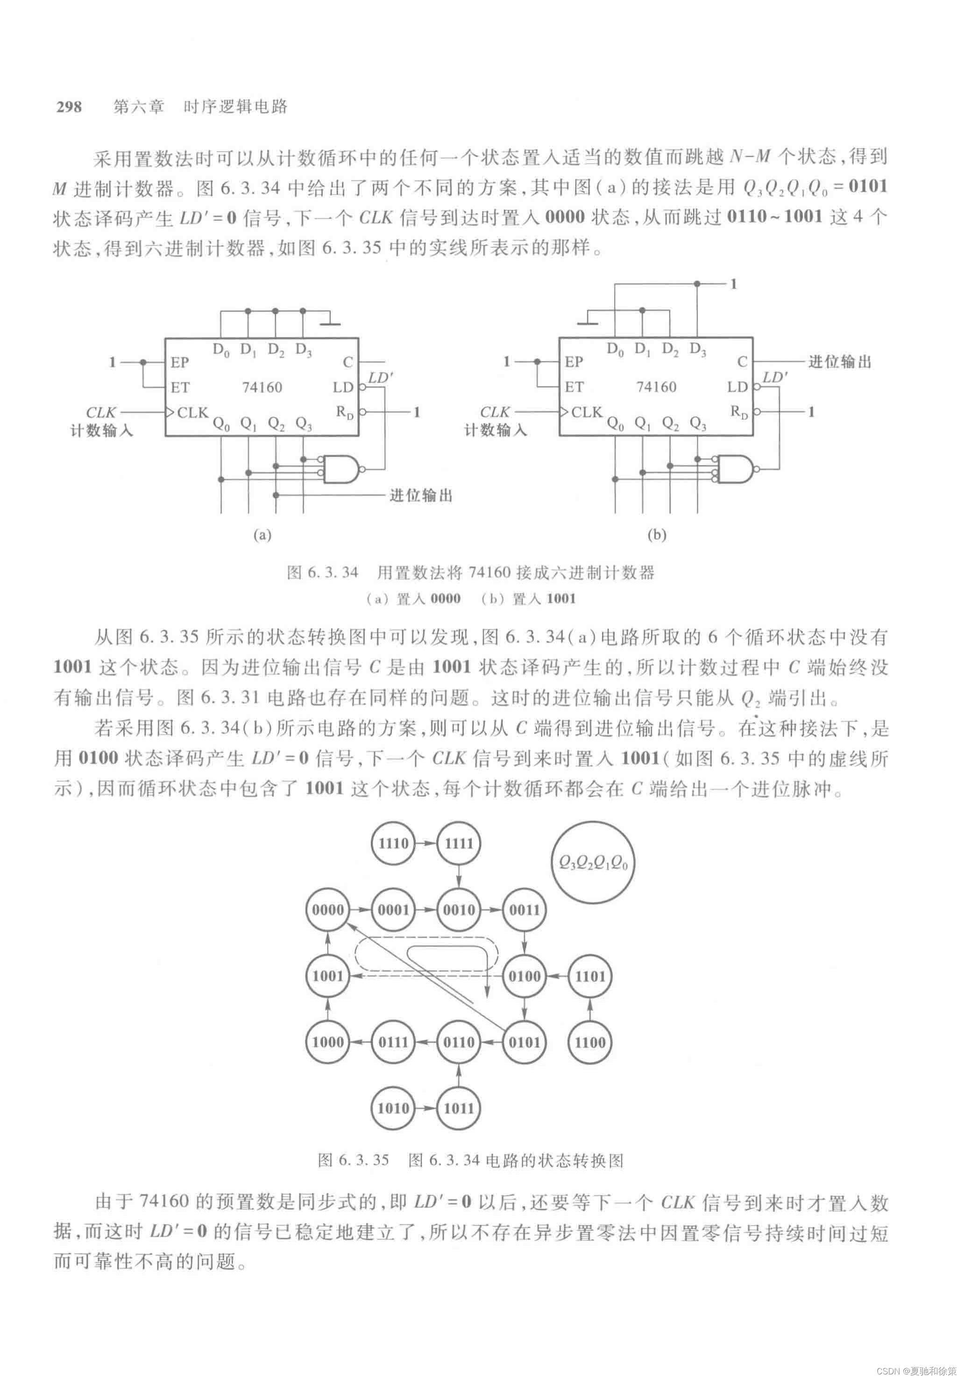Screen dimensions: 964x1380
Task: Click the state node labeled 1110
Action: pos(393,843)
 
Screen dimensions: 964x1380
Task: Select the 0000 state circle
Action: pos(328,909)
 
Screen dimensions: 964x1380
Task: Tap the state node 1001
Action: pos(328,975)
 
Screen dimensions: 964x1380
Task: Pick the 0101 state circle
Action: pos(525,1042)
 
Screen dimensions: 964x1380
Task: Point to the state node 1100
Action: pos(590,1042)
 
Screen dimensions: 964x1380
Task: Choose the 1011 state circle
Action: pos(459,1108)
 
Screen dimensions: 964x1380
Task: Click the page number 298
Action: pos(69,107)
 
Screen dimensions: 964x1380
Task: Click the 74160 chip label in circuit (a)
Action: pos(262,387)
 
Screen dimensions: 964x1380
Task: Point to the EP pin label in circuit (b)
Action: pos(574,362)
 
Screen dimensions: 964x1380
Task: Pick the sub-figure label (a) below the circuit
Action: pos(262,534)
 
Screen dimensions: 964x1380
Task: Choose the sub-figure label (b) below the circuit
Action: pos(657,534)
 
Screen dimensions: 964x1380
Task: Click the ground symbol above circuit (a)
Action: pos(330,323)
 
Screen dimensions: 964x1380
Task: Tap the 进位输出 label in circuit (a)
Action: pos(421,495)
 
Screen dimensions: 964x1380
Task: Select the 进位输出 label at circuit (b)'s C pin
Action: pos(840,362)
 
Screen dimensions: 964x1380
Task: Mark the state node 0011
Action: pos(525,909)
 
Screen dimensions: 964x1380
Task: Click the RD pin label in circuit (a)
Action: pos(345,412)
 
